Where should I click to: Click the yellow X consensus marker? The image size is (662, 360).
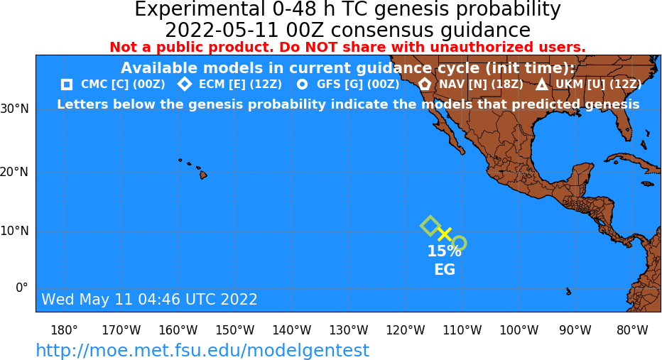pos(445,234)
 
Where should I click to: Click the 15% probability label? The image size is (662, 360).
pos(444,251)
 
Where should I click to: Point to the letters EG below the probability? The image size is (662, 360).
pos(445,270)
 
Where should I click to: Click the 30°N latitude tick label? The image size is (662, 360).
pos(14,109)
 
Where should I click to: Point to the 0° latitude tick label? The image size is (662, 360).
pos(21,288)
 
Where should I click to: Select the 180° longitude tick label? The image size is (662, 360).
pos(64,330)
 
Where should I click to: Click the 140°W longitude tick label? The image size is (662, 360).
pos(292,330)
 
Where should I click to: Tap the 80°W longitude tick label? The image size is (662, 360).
pos(632,330)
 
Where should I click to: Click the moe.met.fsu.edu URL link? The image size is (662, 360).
pos(202,351)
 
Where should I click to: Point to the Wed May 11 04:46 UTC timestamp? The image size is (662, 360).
pos(149,299)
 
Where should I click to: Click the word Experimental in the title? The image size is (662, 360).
pos(199,10)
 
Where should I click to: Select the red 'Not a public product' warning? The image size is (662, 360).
pos(347,47)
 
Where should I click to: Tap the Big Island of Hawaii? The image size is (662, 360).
pos(203,174)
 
